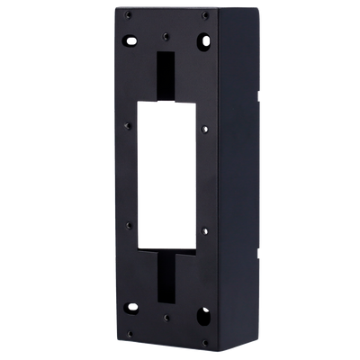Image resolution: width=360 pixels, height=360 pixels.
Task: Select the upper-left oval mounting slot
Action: point(130,40)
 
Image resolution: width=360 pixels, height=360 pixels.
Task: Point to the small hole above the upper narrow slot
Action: point(167,36)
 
